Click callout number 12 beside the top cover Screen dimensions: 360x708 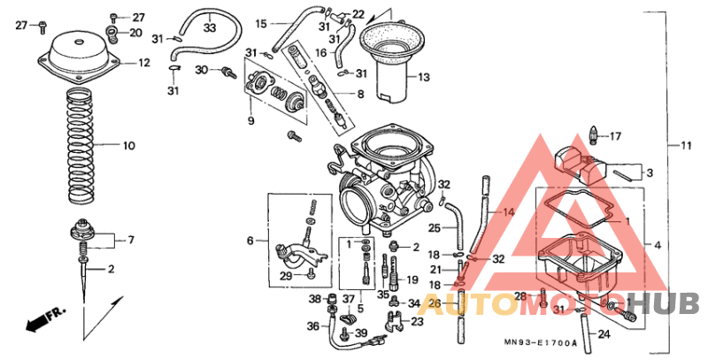(x=142, y=63)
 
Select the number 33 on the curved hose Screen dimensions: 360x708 (x=209, y=28)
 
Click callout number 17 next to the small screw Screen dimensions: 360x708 (x=615, y=136)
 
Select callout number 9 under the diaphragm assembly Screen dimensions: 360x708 (x=250, y=120)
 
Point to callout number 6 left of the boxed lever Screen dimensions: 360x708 (x=250, y=240)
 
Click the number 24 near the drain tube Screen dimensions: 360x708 (x=603, y=334)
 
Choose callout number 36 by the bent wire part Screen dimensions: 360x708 (x=312, y=326)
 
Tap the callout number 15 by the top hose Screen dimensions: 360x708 (x=261, y=23)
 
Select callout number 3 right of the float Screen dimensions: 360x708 (x=649, y=172)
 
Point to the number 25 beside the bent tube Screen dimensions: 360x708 (x=435, y=228)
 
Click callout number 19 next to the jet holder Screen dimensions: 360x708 (x=412, y=280)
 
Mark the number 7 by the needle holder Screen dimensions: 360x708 (x=130, y=240)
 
